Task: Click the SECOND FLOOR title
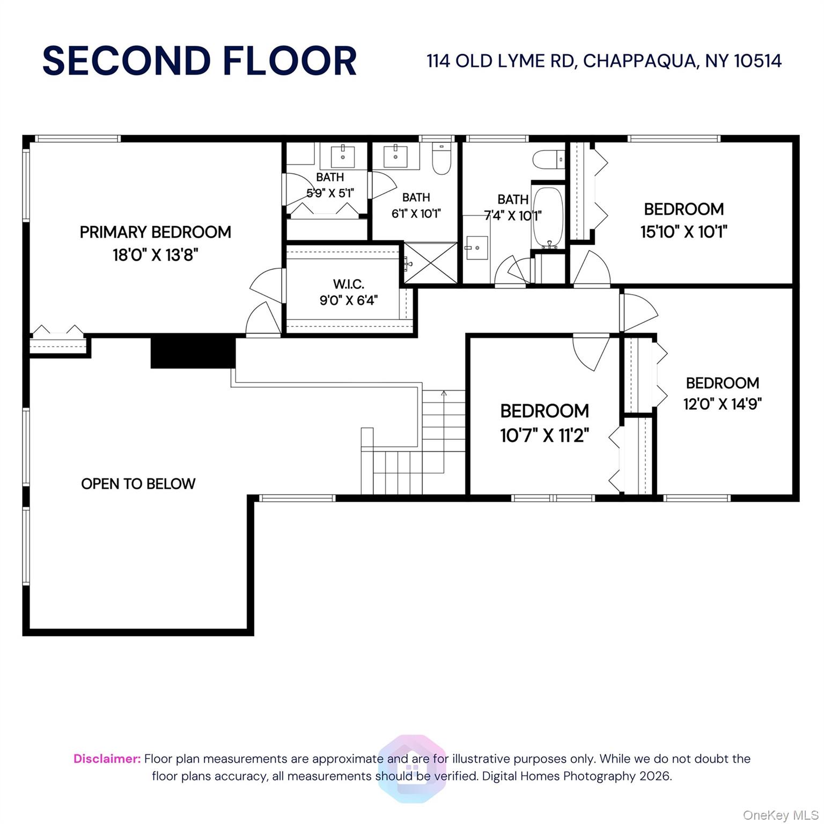point(200,61)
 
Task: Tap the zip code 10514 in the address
point(757,61)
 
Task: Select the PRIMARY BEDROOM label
point(156,232)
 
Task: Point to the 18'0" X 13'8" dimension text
point(156,254)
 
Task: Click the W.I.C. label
point(349,284)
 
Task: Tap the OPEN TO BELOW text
point(138,484)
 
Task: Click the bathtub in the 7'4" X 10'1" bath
point(548,218)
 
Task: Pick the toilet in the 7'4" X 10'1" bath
point(548,159)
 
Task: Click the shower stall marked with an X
point(430,263)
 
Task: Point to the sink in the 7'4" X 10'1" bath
point(476,248)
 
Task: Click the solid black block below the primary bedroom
point(193,351)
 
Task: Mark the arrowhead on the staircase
point(444,393)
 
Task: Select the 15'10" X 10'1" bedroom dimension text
point(684,232)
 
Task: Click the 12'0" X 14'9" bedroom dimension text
point(723,403)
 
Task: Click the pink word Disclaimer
point(107,759)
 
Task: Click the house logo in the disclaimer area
point(412,769)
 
